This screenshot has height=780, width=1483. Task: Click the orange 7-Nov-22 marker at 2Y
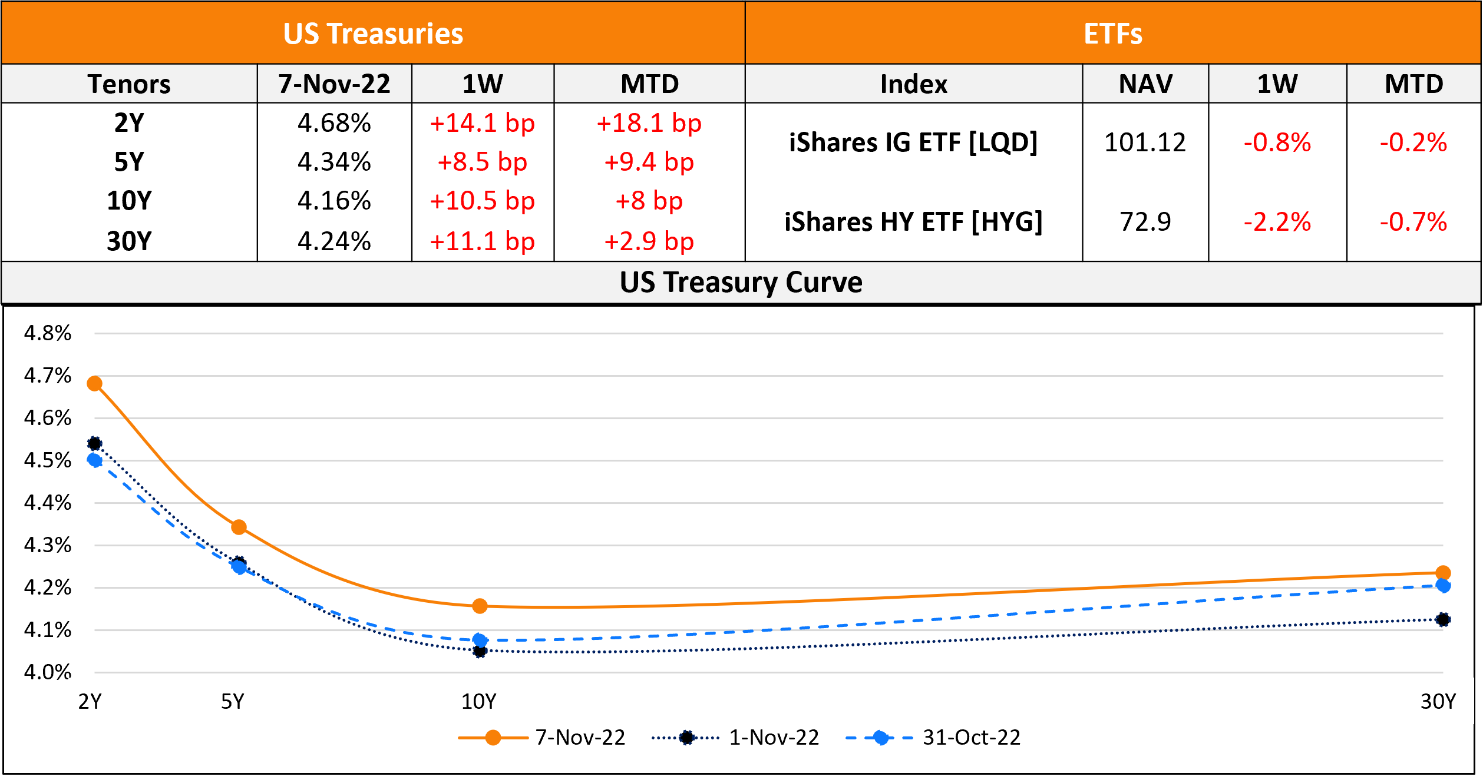pos(94,384)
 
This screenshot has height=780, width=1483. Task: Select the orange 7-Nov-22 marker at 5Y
pos(239,527)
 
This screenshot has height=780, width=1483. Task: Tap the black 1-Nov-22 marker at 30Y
pos(1443,619)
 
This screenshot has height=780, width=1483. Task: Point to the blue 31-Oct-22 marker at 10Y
pos(480,640)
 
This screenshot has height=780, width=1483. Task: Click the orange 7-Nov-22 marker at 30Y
pos(1443,573)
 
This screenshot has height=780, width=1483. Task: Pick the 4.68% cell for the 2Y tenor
pos(334,123)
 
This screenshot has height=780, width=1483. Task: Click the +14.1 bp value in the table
pos(482,123)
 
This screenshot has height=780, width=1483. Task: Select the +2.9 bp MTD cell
pos(649,241)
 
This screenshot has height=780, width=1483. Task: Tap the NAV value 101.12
pos(1145,142)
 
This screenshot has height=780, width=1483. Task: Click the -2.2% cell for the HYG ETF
pos(1277,222)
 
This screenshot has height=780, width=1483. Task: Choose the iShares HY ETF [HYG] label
pos(913,222)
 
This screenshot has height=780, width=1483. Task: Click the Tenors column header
pos(129,84)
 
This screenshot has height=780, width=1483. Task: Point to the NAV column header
pos(1145,84)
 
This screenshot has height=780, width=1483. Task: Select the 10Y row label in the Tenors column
pos(129,201)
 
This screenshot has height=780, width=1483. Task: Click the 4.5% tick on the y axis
pos(47,460)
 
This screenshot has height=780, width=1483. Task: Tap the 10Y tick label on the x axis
pos(478,702)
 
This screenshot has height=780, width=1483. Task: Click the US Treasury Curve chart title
pos(741,283)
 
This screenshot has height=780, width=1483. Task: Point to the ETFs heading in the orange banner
pos(1112,34)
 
